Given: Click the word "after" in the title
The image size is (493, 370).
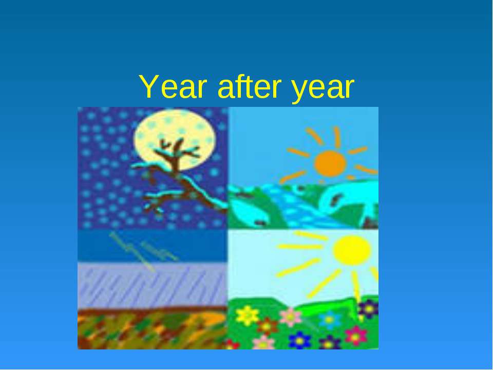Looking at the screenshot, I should [x=245, y=88].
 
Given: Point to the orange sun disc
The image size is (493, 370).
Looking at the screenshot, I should [x=330, y=163].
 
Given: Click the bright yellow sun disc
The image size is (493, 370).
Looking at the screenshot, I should [x=352, y=250].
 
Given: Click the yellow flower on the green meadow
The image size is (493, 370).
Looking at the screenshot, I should [x=248, y=316].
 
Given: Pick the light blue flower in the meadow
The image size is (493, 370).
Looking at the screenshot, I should [x=329, y=320].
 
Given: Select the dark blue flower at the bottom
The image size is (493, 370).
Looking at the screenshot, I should [x=299, y=340].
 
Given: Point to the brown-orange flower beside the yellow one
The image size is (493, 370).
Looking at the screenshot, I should [x=268, y=325].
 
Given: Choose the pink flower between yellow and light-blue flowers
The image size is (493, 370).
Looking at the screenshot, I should [x=291, y=317].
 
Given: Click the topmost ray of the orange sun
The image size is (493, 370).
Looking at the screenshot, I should [x=337, y=137].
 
